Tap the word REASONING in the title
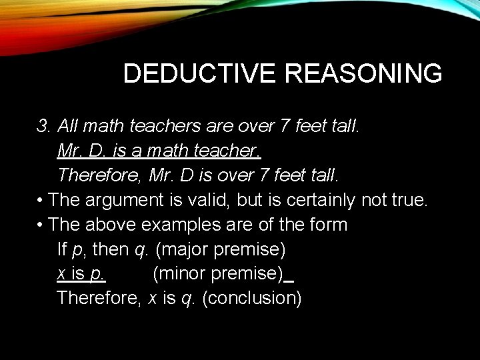[x=363, y=73]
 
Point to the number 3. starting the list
[x=45, y=125]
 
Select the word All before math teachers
[x=68, y=125]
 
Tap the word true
[x=408, y=199]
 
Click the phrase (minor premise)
[x=218, y=273]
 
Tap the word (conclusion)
[x=251, y=297]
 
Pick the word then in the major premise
[x=112, y=249]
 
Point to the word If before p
[x=63, y=249]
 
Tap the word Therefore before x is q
[x=98, y=297]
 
